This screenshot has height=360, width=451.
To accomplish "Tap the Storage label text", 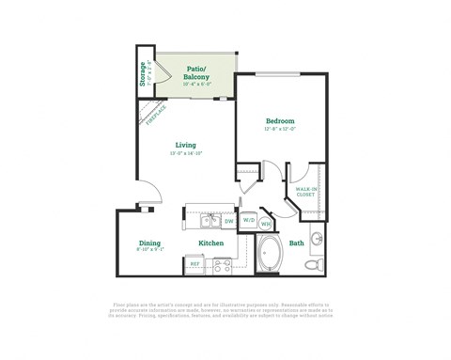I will tap(143, 72).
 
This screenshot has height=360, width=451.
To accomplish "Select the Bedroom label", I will tap(280, 121).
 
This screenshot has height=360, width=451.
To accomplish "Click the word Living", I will tap(184, 145).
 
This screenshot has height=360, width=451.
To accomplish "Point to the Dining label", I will tap(149, 243).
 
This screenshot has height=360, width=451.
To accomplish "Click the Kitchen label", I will tap(210, 243).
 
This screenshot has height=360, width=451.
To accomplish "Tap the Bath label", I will tap(296, 243).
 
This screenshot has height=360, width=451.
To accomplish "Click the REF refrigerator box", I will tap(195, 265).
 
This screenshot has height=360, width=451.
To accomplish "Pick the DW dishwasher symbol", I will tap(228, 222).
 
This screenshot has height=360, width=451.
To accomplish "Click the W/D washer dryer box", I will tap(249, 222).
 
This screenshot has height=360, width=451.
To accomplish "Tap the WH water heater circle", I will tap(266, 224).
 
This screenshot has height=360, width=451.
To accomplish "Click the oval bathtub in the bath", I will tap(271, 255).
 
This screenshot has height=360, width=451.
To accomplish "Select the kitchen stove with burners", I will tap(223, 266).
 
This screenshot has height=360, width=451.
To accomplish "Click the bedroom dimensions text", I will tap(280, 130).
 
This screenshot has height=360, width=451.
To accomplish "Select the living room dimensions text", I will tap(184, 153).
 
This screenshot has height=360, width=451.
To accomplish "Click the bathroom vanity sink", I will tap(318, 236).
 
